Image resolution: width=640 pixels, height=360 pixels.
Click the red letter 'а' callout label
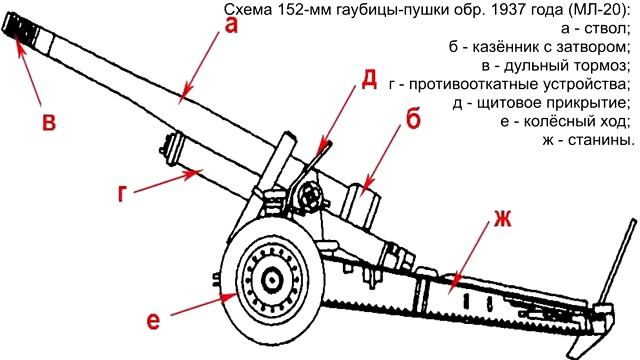pyautogui.click(x=231, y=26)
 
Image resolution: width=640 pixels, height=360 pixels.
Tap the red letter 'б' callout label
pyautogui.click(x=413, y=120)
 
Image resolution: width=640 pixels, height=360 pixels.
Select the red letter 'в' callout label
pyautogui.click(x=49, y=122)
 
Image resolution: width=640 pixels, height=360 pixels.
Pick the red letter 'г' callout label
pyautogui.click(x=122, y=193)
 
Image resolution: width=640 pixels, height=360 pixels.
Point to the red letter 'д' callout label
pyautogui.click(x=369, y=80)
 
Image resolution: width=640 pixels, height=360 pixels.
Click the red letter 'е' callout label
pyautogui.click(x=153, y=322)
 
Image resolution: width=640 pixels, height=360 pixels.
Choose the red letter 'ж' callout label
pyautogui.click(x=502, y=219)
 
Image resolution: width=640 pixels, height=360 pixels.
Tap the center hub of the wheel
pyautogui.click(x=271, y=280)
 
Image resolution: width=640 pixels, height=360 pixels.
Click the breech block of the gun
pyautogui.click(x=360, y=205)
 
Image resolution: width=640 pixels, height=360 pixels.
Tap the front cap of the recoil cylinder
pyautogui.click(x=171, y=147)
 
